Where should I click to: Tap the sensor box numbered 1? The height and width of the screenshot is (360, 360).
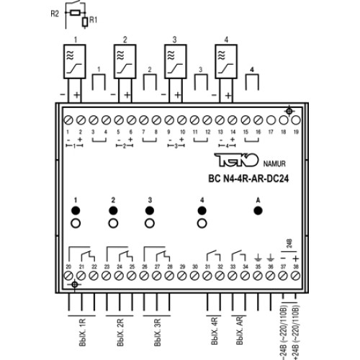pyautogui.click(x=74, y=64)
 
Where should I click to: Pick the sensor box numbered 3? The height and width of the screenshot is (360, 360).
pyautogui.click(x=175, y=64)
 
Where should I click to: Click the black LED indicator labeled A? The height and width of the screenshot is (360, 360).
pyautogui.click(x=258, y=210)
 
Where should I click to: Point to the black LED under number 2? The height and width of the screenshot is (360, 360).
pyautogui.click(x=113, y=210)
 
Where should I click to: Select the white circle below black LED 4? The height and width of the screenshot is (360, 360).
pyautogui.click(x=202, y=225)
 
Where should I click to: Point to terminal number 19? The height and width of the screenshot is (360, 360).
pyautogui.click(x=295, y=119)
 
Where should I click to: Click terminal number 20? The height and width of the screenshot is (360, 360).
pyautogui.click(x=69, y=279)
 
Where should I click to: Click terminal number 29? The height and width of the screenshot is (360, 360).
pyautogui.click(x=182, y=279)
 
